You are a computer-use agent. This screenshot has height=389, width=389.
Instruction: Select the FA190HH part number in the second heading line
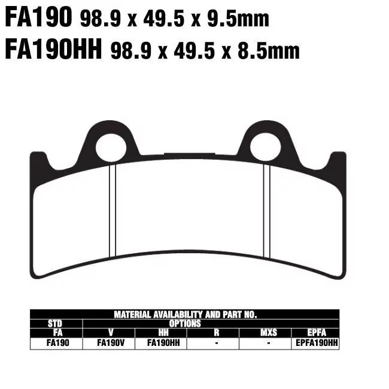53,51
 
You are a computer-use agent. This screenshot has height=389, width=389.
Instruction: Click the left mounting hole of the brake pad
111,147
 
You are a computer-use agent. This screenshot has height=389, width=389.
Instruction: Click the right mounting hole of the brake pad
265,147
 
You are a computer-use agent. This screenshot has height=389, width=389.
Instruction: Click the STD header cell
55,323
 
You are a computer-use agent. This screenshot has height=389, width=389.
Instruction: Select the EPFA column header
315,332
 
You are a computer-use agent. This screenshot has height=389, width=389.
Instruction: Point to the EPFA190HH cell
315,344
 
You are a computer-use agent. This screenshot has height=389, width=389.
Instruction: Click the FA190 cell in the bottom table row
55,344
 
